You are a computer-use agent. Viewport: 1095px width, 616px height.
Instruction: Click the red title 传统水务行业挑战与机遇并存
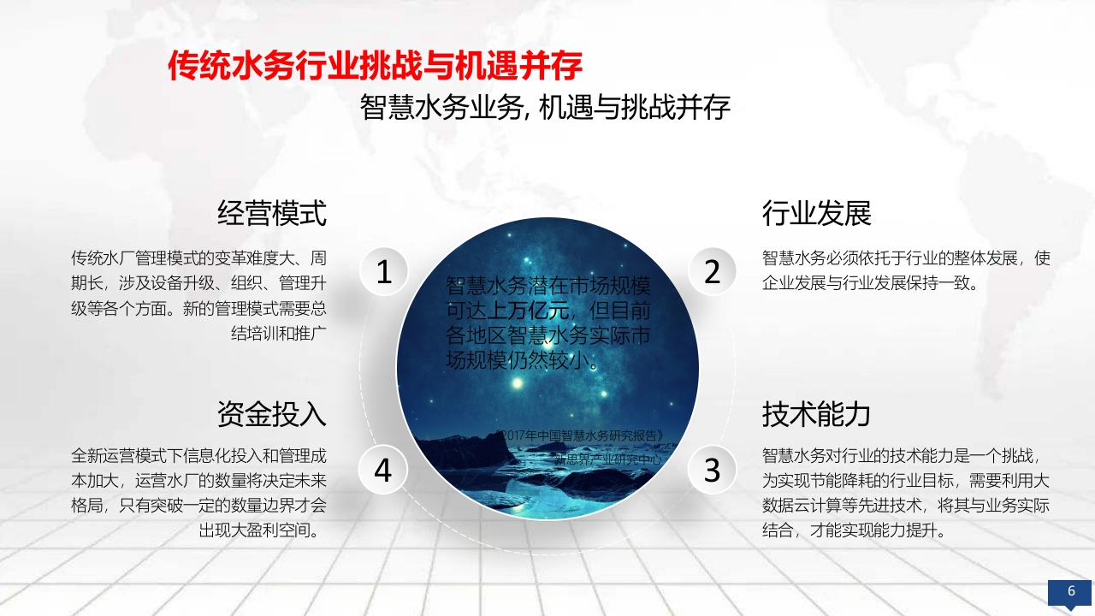click(x=375, y=65)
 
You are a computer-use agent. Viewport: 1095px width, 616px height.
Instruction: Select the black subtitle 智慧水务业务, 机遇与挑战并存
click(x=545, y=107)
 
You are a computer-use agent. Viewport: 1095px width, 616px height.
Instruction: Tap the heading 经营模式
click(x=272, y=213)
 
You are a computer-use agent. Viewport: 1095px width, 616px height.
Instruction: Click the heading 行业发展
click(x=816, y=213)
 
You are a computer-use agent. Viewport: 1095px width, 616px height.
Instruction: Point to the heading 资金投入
click(x=272, y=414)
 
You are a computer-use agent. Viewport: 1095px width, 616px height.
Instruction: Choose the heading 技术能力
click(x=816, y=414)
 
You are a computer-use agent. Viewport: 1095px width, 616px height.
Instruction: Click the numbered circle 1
click(x=384, y=272)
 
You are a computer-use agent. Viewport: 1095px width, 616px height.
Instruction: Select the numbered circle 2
click(x=713, y=272)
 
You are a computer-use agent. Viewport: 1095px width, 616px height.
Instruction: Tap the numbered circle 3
click(x=713, y=470)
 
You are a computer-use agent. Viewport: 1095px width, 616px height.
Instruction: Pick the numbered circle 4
click(x=382, y=470)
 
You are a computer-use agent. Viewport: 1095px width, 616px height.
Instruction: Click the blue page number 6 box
click(x=1070, y=592)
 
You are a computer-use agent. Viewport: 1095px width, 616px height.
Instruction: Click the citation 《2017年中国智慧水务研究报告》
click(x=578, y=435)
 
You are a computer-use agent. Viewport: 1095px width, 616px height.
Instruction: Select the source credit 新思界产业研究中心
click(x=608, y=459)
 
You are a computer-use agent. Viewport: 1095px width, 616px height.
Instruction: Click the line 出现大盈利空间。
click(x=263, y=530)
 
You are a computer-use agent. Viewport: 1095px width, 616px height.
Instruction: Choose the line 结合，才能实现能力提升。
click(x=854, y=530)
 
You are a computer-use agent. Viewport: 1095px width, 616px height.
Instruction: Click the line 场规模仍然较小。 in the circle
click(x=522, y=360)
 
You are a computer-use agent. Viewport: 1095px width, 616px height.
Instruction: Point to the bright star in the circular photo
click(x=516, y=384)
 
